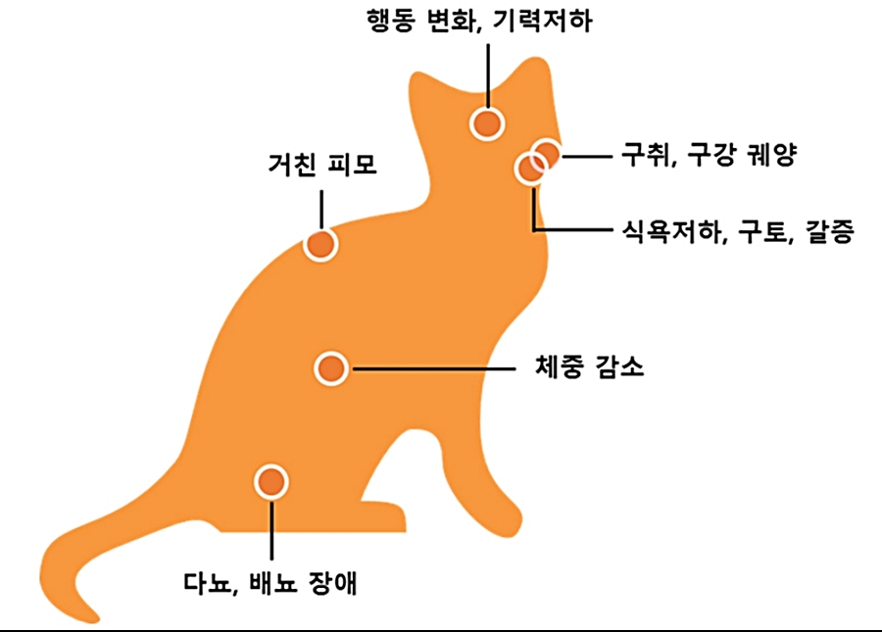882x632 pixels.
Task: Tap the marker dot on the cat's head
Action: [487, 123]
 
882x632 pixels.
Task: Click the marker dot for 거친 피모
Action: [320, 244]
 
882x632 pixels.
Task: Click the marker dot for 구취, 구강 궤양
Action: [546, 155]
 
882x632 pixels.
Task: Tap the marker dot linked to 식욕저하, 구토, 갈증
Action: [530, 169]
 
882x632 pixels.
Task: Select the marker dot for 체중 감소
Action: [331, 368]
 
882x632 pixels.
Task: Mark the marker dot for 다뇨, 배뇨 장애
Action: [270, 482]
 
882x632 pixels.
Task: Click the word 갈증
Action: [831, 232]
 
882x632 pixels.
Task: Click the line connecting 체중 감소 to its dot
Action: [431, 369]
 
